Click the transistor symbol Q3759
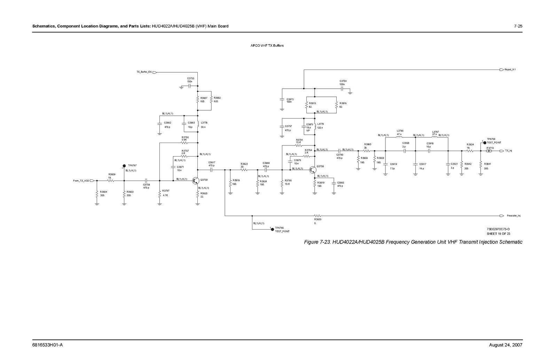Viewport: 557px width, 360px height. click(x=196, y=181)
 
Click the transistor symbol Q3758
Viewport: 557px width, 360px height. click(x=313, y=169)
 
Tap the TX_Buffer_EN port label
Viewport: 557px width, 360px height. click(x=144, y=72)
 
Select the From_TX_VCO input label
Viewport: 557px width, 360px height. click(x=81, y=181)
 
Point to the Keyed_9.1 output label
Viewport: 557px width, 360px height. click(x=510, y=70)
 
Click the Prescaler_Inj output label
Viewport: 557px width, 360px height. click(x=513, y=216)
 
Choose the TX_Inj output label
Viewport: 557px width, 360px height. click(x=508, y=151)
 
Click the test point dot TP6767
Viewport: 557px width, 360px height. click(x=124, y=166)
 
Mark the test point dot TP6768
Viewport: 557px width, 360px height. click(x=272, y=229)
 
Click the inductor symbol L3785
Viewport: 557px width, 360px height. click(x=399, y=137)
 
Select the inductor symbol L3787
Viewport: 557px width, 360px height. click(x=434, y=137)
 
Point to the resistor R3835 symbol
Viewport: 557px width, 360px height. click(x=317, y=216)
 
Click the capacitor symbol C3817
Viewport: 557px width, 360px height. click(x=211, y=170)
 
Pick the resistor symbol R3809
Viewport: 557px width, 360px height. click(x=111, y=181)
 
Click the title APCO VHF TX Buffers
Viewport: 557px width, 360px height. click(x=267, y=46)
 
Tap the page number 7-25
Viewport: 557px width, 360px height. click(x=518, y=26)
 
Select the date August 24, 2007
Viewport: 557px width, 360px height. click(x=505, y=345)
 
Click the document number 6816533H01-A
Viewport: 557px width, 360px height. click(x=47, y=345)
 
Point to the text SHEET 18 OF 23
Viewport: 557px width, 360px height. click(x=498, y=234)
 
